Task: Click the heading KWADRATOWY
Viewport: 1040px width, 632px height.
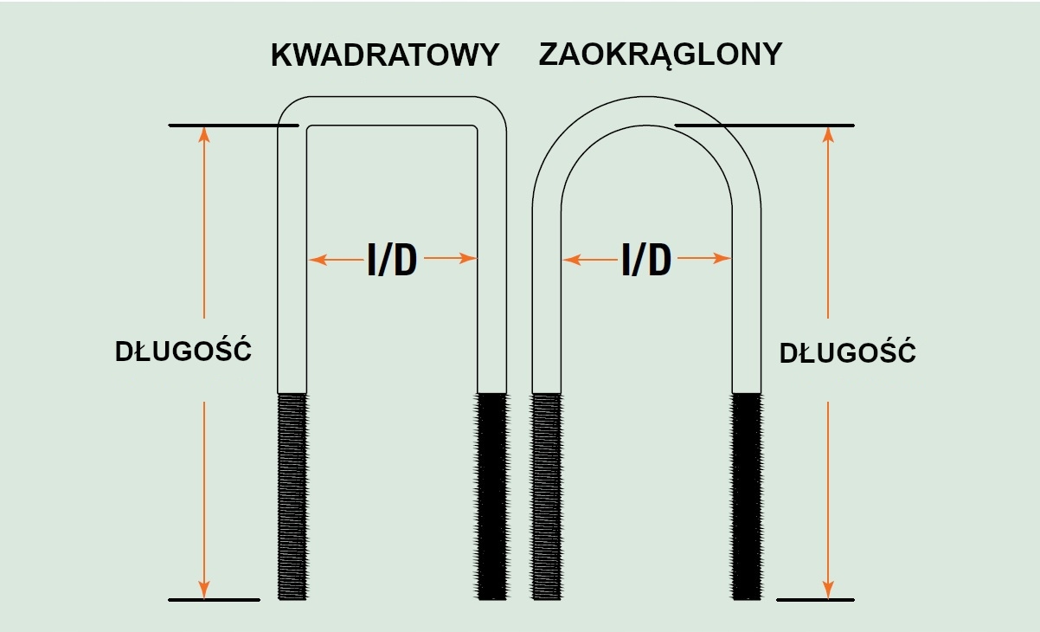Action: pyautogui.click(x=385, y=55)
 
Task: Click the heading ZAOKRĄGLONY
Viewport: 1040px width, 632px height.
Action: pyautogui.click(x=660, y=55)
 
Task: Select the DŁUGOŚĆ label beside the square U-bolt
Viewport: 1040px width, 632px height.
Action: pyautogui.click(x=183, y=352)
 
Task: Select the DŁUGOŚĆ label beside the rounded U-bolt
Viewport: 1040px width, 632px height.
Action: pyautogui.click(x=848, y=354)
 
